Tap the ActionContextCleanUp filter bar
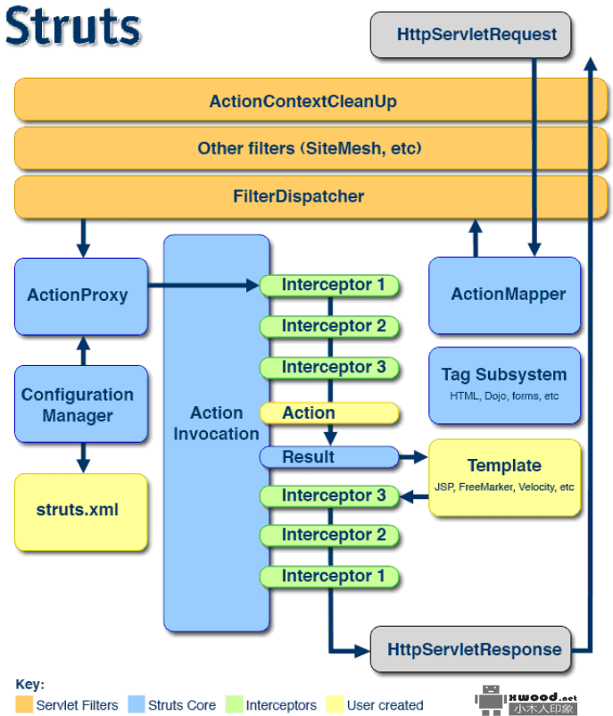click(302, 101)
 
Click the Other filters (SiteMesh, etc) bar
click(302, 148)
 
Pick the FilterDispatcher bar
click(302, 196)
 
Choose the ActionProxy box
click(80, 296)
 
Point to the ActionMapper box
click(504, 295)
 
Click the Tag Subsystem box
click(504, 384)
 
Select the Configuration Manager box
click(80, 404)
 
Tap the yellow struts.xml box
click(80, 511)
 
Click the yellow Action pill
click(328, 413)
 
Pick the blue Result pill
click(328, 457)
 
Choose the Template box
click(504, 477)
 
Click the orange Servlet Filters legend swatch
click(24, 704)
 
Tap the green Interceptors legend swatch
click(234, 704)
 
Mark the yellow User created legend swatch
click(335, 704)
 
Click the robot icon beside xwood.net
click(491, 700)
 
